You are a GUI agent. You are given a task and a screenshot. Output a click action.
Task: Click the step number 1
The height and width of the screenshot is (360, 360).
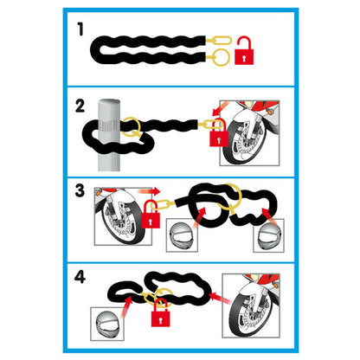click(80, 29)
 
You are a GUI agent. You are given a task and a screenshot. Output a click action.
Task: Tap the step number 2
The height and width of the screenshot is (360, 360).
click(80, 106)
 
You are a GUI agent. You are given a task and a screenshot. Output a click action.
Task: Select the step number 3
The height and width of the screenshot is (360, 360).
click(80, 190)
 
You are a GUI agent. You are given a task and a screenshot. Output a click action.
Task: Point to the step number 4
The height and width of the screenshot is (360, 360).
click(80, 277)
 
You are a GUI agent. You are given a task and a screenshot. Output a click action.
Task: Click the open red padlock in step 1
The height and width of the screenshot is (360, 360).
click(244, 50)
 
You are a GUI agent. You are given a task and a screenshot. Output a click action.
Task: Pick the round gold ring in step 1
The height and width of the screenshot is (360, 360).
click(222, 56)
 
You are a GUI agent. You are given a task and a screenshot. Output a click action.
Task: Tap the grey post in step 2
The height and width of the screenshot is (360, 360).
click(109, 135)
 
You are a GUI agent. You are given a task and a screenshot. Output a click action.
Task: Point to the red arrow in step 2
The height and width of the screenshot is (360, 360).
click(220, 109)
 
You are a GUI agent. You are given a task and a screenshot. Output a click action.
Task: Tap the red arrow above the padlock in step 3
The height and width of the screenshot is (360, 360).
click(149, 190)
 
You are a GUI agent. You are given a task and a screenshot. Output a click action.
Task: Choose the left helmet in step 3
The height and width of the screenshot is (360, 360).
click(182, 235)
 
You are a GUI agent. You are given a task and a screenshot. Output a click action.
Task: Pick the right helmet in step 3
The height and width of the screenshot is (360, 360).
click(269, 235)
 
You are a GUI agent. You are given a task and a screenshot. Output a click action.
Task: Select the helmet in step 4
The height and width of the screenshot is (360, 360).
click(107, 324)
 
